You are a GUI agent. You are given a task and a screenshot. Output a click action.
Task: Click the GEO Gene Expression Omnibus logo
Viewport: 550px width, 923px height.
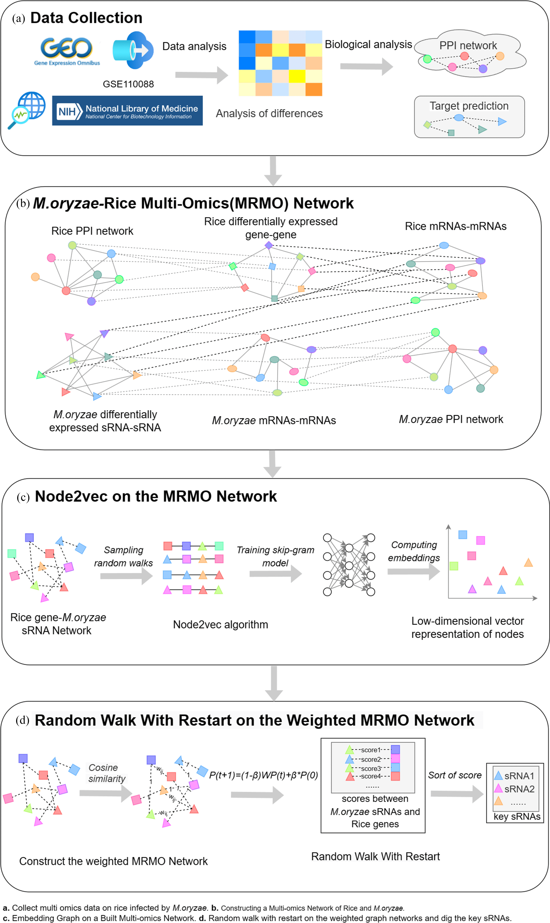pos(67,51)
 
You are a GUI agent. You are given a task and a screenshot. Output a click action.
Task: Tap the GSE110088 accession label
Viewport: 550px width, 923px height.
pos(128,84)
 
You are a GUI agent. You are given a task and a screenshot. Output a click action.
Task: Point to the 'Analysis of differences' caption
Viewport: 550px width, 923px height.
pos(269,113)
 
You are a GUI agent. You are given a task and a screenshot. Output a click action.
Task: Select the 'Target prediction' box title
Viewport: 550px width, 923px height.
pos(469,106)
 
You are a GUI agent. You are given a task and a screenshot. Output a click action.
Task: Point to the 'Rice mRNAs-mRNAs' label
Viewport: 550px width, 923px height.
pos(455,226)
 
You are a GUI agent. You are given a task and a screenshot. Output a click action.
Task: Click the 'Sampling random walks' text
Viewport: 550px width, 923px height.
pos(123,556)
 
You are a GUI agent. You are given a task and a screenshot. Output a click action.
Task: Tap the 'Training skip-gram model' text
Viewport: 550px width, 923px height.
pos(275,556)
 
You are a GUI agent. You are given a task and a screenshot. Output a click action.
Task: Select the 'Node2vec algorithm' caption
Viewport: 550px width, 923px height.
pos(221,625)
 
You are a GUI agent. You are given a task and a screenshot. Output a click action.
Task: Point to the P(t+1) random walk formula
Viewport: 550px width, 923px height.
pos(263,775)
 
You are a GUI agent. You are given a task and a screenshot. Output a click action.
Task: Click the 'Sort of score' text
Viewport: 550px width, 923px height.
pos(455,775)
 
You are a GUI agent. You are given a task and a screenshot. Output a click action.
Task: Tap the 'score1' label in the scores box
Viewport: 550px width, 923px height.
pos(371,750)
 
